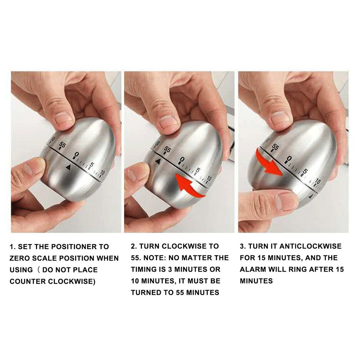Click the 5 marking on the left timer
[x=91, y=165]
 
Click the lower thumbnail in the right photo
[x=287, y=201]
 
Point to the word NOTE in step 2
[x=155, y=258]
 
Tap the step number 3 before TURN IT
[x=242, y=246]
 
